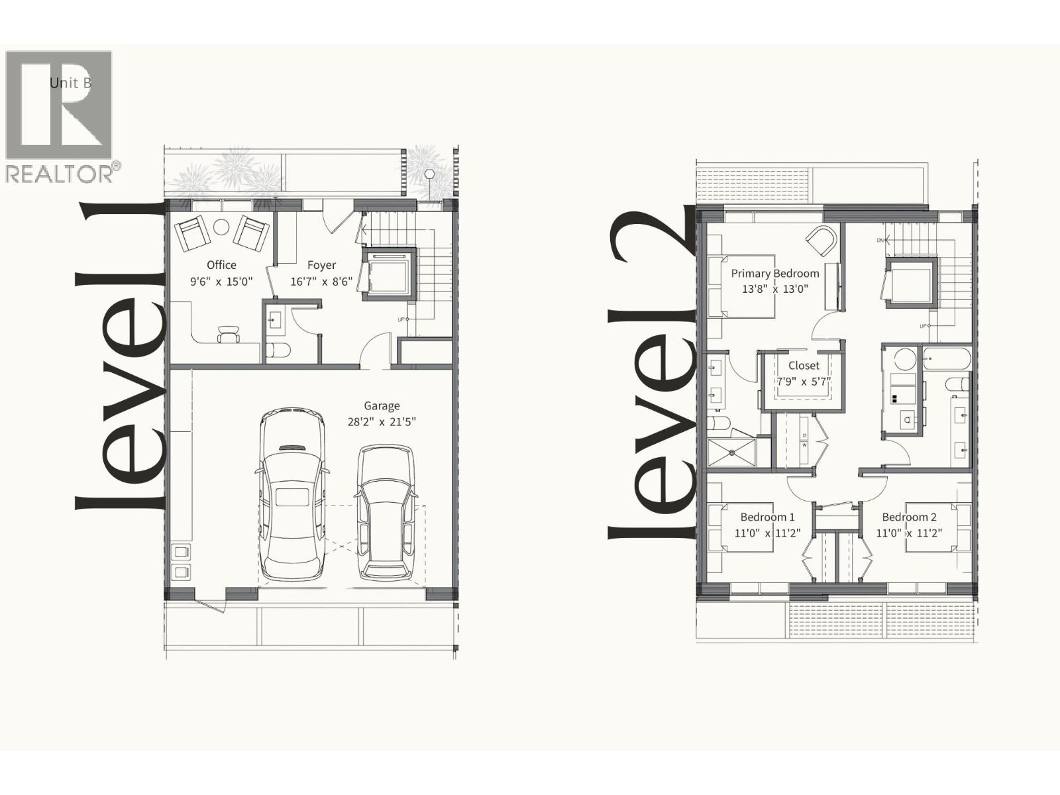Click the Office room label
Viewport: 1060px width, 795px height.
[221, 265]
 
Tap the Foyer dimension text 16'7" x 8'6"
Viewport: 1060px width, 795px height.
[321, 282]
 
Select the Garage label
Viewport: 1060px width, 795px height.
[382, 406]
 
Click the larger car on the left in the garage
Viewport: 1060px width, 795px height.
[292, 494]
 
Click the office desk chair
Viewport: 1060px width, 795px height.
[229, 334]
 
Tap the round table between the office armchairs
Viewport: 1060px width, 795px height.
[221, 227]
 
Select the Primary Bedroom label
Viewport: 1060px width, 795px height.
[775, 273]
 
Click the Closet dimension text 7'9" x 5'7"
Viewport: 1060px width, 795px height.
[804, 382]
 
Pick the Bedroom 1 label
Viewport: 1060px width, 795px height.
[767, 517]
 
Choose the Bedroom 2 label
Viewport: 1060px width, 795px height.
[909, 517]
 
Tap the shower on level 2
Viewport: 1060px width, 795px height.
[732, 452]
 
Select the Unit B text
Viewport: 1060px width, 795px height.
[70, 83]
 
